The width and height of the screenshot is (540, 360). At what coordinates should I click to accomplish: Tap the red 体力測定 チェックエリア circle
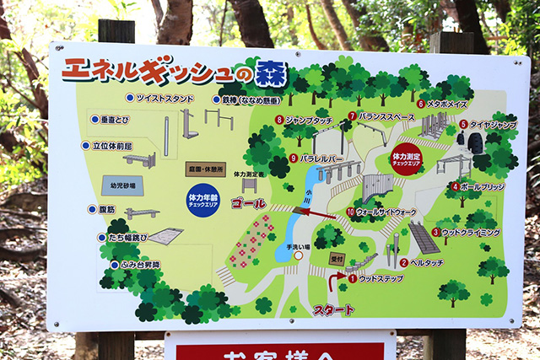tap(406, 157)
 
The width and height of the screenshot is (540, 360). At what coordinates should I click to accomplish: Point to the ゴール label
tap(249, 204)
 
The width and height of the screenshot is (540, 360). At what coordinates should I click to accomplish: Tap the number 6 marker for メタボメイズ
tap(420, 104)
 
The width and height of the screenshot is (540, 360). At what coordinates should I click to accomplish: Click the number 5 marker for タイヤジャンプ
tap(463, 124)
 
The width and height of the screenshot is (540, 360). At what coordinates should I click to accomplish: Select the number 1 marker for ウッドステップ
tap(352, 278)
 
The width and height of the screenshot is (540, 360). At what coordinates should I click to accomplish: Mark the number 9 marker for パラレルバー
tap(293, 158)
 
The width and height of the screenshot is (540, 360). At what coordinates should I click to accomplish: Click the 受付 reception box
tap(337, 260)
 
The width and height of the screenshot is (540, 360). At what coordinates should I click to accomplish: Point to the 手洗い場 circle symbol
tap(298, 255)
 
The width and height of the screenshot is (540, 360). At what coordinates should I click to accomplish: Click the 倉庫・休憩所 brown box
tap(206, 168)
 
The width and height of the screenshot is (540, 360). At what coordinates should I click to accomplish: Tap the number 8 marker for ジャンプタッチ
tap(279, 121)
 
